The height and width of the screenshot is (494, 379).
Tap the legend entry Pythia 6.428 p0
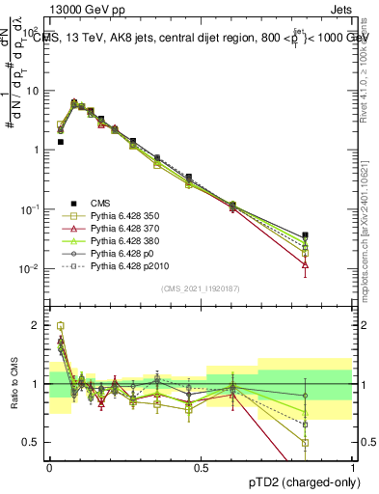tap(122, 252)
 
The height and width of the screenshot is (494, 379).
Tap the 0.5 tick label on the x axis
tap(201, 468)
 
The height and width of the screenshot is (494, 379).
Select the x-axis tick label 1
tap(352, 468)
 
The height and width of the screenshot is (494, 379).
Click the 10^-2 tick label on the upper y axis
tap(31, 269)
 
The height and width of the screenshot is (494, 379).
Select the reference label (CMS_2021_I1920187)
tap(201, 288)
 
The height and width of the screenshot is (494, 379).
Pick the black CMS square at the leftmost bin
tap(61, 142)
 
